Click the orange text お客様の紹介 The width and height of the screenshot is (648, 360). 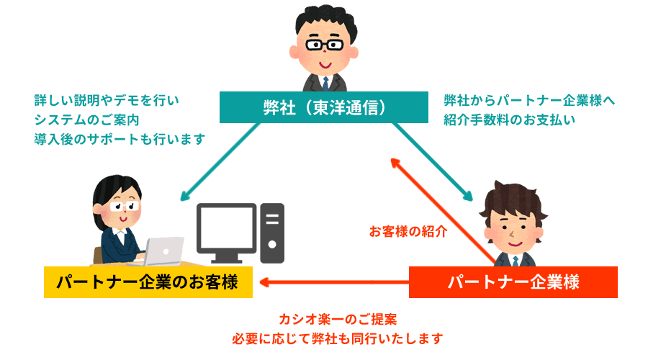point(408,232)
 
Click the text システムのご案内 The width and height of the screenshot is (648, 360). point(86,119)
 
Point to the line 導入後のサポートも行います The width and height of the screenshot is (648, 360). point(119,138)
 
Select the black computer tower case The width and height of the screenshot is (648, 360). point(272,233)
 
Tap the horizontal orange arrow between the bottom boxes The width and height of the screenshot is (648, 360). point(331,282)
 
